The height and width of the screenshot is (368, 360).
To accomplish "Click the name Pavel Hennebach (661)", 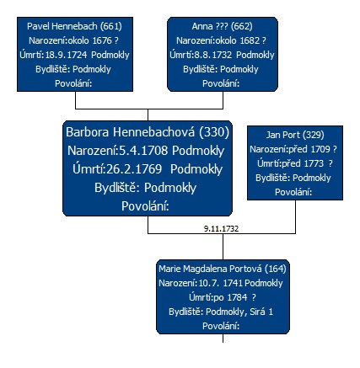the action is [x=74, y=26].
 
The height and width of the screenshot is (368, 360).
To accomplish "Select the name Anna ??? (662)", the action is [x=222, y=26].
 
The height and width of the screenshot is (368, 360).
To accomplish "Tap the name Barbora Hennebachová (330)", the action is [x=148, y=132].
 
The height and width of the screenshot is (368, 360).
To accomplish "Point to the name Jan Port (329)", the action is [x=295, y=135].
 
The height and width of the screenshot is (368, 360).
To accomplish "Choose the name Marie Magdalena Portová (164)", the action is [x=223, y=269].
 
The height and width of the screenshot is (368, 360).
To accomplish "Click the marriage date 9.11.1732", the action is [x=221, y=229].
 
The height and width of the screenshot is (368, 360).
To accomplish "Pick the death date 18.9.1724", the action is [x=66, y=55].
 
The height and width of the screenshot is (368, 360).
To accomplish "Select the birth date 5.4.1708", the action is [x=143, y=151].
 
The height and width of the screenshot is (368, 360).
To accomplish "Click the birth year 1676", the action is [x=102, y=40].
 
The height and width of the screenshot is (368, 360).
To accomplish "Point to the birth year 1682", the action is [x=250, y=40].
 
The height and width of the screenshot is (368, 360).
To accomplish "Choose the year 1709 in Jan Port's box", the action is [x=320, y=149].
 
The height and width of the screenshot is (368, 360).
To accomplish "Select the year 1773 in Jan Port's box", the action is [x=314, y=163].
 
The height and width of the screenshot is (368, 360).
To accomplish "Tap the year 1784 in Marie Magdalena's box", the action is [x=237, y=297].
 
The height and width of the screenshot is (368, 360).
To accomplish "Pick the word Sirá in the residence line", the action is [x=257, y=312].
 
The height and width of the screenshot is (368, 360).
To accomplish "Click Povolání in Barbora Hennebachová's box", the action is [x=145, y=206].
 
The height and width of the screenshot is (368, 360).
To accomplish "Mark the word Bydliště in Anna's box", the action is [x=201, y=69].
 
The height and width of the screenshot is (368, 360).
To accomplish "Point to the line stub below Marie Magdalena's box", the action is [x=223, y=339].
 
